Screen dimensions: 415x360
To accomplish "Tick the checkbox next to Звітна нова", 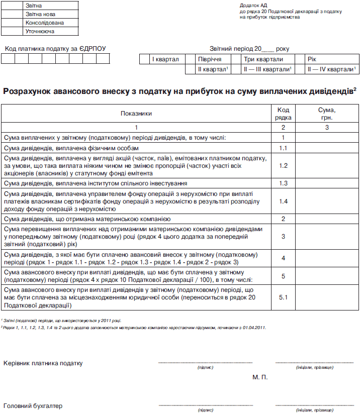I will [x=12, y=14].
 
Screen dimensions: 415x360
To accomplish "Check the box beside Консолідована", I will [x=12, y=23].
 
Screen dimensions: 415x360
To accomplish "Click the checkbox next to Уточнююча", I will [x=12, y=31].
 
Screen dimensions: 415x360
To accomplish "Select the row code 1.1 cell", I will [x=283, y=148].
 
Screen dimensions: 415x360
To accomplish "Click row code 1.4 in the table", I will [x=283, y=201].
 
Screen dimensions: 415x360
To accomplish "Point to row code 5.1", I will [x=283, y=298].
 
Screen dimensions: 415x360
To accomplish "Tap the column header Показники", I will [x=136, y=114].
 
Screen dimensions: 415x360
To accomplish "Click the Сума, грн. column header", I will [x=327, y=114].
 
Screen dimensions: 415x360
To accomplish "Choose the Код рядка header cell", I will [x=283, y=114].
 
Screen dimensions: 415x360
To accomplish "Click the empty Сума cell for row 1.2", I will [x=327, y=165].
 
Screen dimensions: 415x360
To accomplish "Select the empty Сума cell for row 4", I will [x=327, y=258].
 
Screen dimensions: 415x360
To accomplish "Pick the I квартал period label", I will [x=165, y=59].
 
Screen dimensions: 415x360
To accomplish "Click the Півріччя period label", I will [x=210, y=59].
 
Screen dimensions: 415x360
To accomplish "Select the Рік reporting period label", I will [x=312, y=59].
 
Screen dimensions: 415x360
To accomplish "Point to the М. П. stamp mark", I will [x=260, y=376].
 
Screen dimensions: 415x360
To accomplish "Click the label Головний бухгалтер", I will [x=33, y=405].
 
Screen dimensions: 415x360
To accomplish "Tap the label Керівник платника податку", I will [x=43, y=363].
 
